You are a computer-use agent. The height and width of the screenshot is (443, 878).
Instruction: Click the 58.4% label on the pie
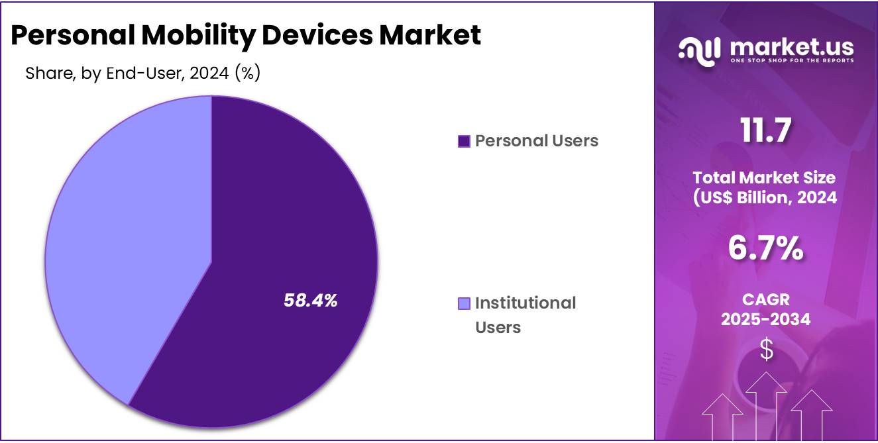tap(310, 301)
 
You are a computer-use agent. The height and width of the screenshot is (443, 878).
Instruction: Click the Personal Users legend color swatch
tap(464, 141)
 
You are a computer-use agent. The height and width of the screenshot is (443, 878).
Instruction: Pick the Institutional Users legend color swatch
tap(464, 303)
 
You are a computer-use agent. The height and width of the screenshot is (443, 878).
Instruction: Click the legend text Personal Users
tap(537, 141)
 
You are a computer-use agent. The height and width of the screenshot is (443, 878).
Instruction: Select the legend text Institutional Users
tap(525, 315)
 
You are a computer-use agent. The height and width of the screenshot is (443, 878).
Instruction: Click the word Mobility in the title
tap(199, 35)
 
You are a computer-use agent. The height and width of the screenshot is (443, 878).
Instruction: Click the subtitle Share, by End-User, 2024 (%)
tap(142, 74)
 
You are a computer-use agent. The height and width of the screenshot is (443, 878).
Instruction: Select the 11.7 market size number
tap(766, 130)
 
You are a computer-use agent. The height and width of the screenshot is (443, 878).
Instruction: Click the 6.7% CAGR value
tap(766, 248)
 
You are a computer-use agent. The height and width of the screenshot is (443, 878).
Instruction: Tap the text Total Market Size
tap(764, 177)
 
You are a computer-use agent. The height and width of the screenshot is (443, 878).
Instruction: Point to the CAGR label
tap(765, 300)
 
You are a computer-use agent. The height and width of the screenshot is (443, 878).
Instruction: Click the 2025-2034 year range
tap(765, 320)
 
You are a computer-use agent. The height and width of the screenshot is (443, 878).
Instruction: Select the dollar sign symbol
tap(766, 350)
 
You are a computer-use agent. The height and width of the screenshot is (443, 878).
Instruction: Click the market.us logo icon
tap(699, 52)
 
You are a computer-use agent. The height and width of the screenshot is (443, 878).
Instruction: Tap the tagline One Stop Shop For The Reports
tap(791, 60)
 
